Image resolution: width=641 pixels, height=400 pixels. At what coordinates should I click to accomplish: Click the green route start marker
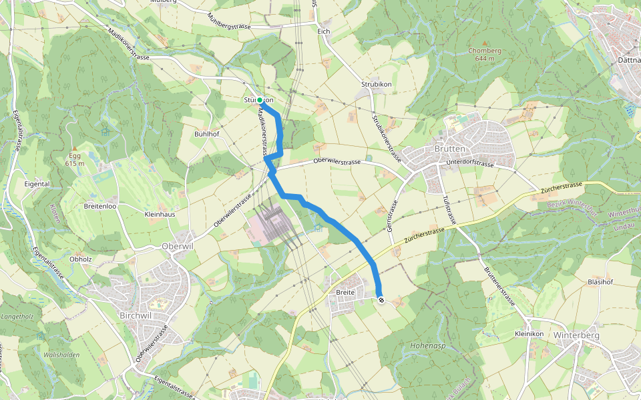point(260,100)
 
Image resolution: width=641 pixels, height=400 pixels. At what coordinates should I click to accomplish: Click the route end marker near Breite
point(381,300)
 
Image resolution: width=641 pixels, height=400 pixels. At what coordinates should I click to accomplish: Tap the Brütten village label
point(449,149)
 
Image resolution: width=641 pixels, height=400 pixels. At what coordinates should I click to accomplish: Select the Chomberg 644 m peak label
point(485,54)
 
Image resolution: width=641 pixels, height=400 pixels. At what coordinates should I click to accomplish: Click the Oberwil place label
point(177,245)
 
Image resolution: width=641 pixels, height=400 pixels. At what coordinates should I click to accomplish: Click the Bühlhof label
point(206,134)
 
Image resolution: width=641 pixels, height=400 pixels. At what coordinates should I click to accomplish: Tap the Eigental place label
point(37,183)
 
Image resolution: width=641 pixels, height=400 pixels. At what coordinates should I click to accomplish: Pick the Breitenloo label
point(100,206)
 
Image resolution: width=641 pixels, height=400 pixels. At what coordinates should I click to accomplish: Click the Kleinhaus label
point(160,215)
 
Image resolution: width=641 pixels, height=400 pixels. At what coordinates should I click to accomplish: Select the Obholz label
point(80,259)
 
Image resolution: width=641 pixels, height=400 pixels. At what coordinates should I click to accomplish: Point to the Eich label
point(325,31)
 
